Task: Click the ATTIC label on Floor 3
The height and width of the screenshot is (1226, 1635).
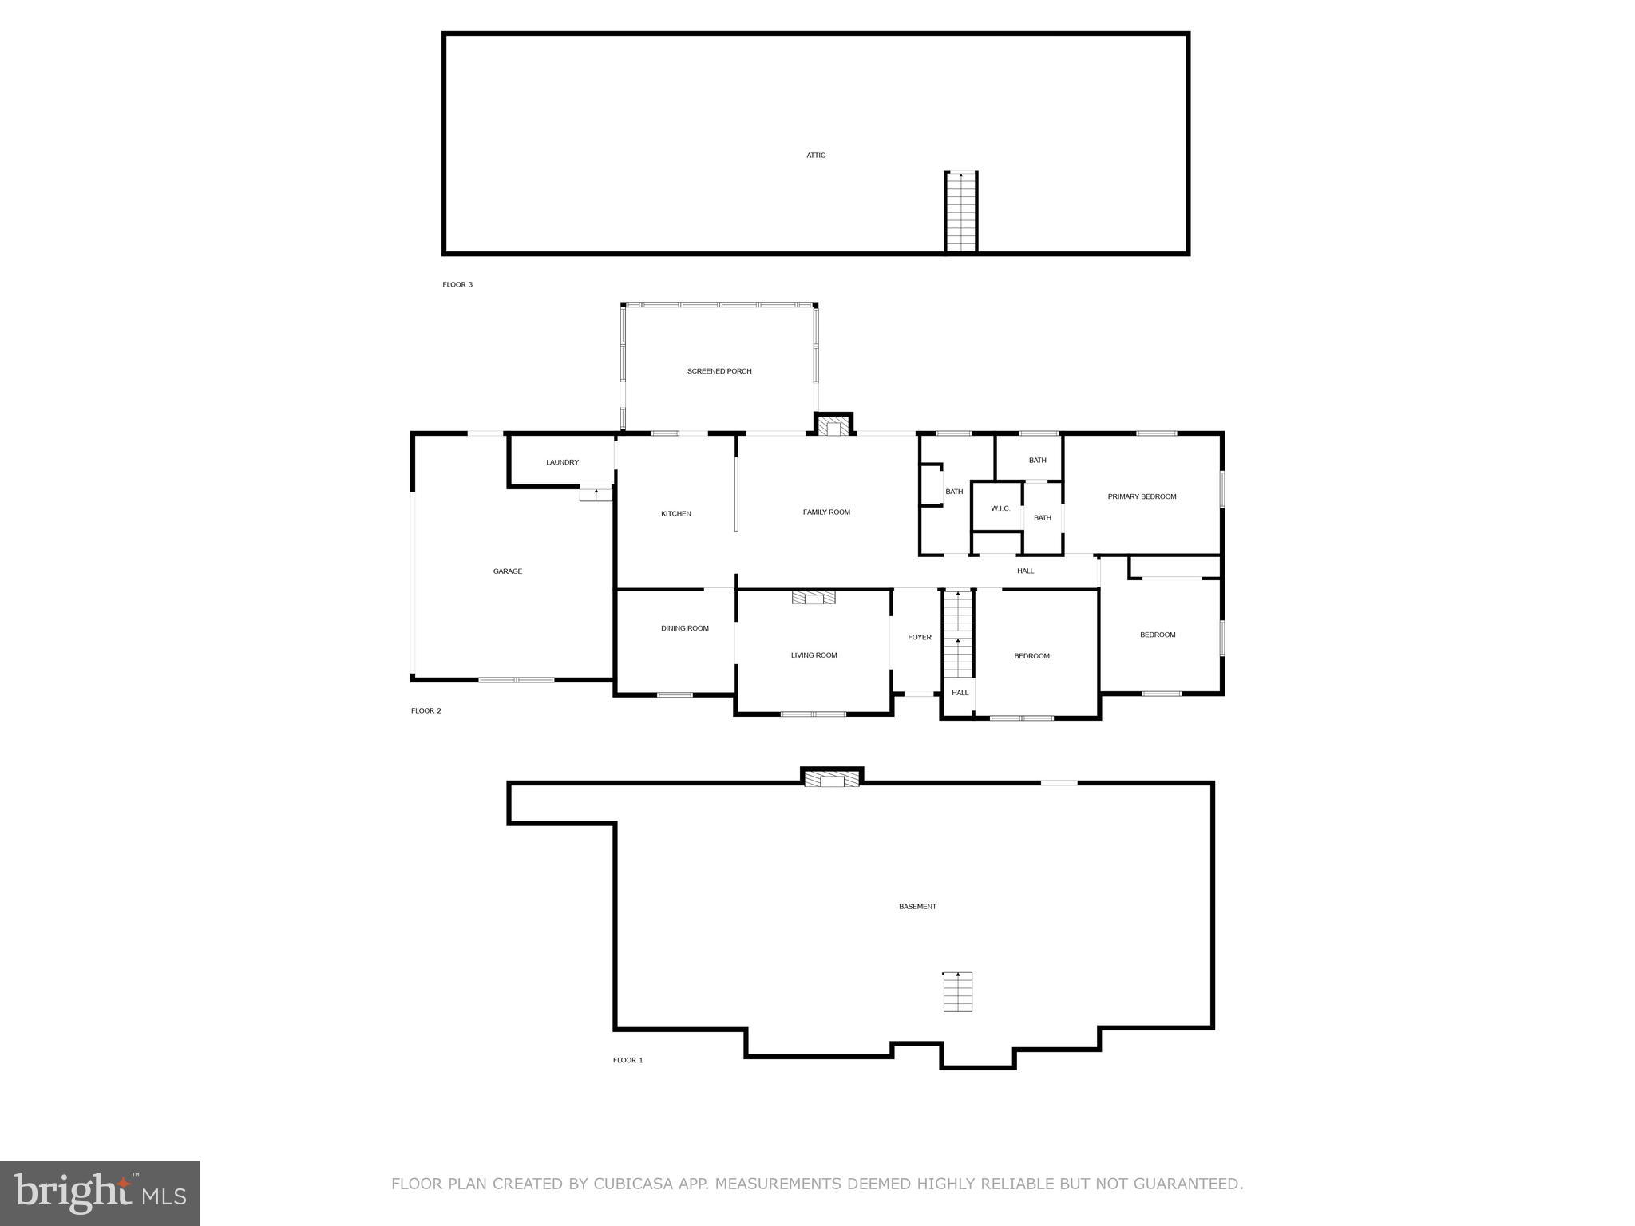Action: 815,156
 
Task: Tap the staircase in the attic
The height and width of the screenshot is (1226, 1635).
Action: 960,212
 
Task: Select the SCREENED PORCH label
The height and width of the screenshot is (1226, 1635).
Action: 719,371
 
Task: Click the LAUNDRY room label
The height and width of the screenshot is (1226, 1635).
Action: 562,462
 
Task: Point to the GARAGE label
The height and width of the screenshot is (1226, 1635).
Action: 508,571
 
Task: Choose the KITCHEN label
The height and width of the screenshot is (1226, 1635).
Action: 675,514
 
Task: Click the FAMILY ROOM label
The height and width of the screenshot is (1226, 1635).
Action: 826,512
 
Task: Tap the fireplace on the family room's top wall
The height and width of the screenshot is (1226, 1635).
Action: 833,425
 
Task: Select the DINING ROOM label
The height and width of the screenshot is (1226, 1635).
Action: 684,628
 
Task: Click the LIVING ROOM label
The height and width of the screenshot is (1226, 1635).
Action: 814,655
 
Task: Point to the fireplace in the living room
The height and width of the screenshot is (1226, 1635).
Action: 814,598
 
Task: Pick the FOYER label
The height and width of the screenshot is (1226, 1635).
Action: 920,637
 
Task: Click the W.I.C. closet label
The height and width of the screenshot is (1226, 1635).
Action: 1000,508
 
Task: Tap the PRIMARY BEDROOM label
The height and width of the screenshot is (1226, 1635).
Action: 1142,496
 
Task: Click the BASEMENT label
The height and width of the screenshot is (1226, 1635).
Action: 917,907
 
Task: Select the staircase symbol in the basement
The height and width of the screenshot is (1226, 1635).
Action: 957,991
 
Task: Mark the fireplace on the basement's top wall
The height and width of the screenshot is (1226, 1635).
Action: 832,778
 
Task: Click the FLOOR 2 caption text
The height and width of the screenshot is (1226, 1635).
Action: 426,710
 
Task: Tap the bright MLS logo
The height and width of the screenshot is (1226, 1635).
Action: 99,1193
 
